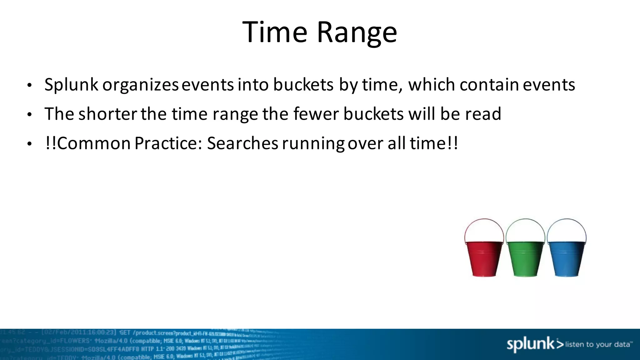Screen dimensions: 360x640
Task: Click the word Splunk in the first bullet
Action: click(71, 85)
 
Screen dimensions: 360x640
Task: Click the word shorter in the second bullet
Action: click(107, 114)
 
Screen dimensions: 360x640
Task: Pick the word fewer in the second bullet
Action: click(316, 114)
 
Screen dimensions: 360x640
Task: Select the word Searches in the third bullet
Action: click(242, 143)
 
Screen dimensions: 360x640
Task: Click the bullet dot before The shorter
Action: click(29, 115)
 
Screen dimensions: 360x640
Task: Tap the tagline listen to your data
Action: click(598, 344)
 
